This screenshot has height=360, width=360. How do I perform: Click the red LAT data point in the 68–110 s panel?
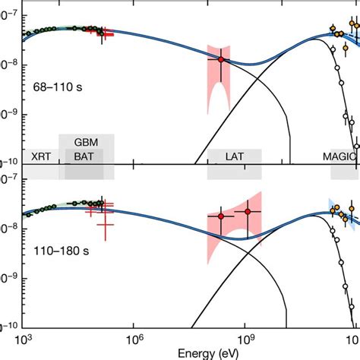coord(221,59)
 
